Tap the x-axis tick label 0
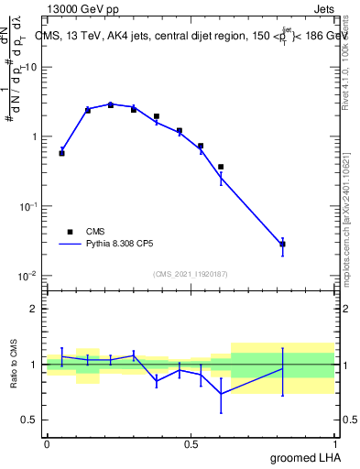47,443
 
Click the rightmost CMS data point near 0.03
283,244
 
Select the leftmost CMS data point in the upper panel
61,153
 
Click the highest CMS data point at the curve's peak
111,104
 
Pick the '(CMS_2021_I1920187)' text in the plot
191,274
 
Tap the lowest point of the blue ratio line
221,394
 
